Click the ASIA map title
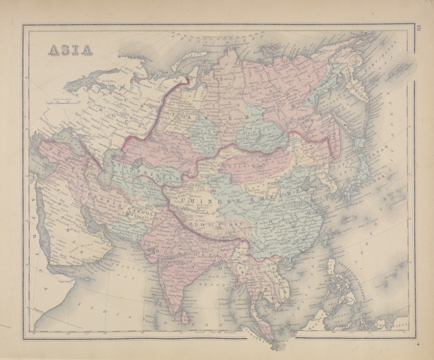pyautogui.click(x=70, y=49)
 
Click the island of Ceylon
pyautogui.click(x=185, y=317)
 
